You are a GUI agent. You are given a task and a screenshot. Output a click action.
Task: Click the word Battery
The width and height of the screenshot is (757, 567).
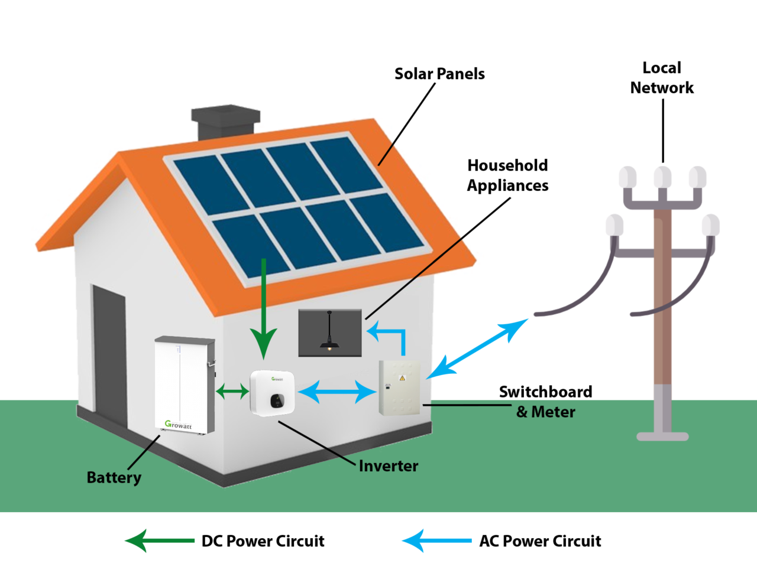point(114,477)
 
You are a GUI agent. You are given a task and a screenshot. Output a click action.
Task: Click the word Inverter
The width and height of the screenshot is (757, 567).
point(388,466)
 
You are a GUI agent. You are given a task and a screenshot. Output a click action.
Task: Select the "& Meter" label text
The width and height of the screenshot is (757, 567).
point(545,412)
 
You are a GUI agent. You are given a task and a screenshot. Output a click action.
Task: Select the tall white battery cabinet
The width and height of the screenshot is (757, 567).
point(183,384)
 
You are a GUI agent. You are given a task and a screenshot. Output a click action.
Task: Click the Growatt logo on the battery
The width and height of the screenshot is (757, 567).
point(178,425)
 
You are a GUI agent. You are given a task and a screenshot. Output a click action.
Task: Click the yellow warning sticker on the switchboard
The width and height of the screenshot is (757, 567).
point(402,378)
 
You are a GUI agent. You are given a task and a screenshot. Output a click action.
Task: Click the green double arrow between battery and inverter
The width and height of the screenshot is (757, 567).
point(232,391)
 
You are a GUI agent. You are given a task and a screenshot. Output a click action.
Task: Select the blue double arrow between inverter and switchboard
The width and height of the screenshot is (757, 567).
point(337,392)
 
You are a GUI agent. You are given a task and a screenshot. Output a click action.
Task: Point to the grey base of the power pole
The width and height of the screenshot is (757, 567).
point(662,436)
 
